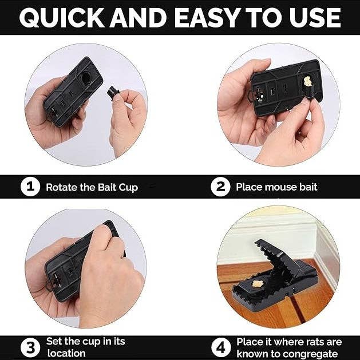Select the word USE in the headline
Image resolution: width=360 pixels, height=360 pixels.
(x=315, y=18)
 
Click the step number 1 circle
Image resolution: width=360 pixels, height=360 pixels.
(x=30, y=187)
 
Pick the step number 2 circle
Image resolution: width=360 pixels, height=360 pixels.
(x=220, y=187)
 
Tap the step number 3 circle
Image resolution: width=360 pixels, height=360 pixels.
(x=30, y=347)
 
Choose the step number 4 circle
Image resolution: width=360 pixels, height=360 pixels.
(x=221, y=347)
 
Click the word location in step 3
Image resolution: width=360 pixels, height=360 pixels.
(x=66, y=353)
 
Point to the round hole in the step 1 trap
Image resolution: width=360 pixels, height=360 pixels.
(x=87, y=78)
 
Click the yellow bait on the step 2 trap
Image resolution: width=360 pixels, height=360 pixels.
(x=307, y=81)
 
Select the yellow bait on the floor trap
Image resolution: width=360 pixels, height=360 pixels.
(x=257, y=283)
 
